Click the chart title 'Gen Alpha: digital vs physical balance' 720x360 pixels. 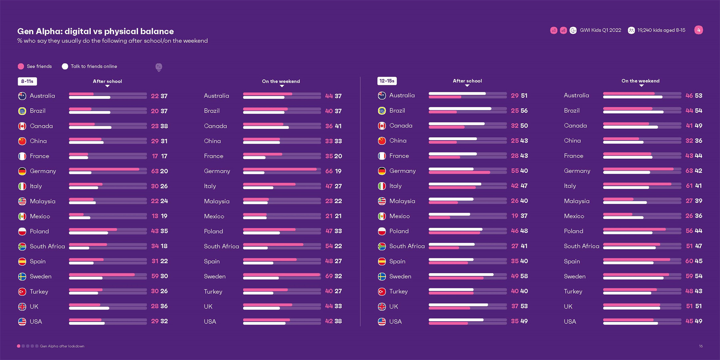(95, 31)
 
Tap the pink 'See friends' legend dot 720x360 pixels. (21, 66)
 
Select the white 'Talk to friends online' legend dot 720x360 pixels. (65, 66)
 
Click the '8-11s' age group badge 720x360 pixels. (27, 81)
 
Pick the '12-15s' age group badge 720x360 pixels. (387, 81)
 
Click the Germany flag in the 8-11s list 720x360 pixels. (22, 171)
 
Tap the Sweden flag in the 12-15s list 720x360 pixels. (382, 276)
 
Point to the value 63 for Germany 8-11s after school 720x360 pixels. (155, 171)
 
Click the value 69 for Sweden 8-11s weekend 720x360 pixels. (329, 276)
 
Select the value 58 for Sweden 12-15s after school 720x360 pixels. (524, 276)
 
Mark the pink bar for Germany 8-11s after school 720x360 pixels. (104, 169)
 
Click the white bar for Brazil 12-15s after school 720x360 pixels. (460, 108)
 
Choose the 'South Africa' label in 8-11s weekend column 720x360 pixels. (221, 246)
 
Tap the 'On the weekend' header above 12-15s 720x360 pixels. (640, 81)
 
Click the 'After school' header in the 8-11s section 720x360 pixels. (107, 81)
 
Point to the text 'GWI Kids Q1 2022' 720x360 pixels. (600, 30)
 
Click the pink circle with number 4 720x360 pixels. (698, 30)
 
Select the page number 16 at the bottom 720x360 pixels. (701, 346)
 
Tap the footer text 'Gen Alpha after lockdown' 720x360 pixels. (62, 346)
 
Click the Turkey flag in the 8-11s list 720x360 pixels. (22, 292)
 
